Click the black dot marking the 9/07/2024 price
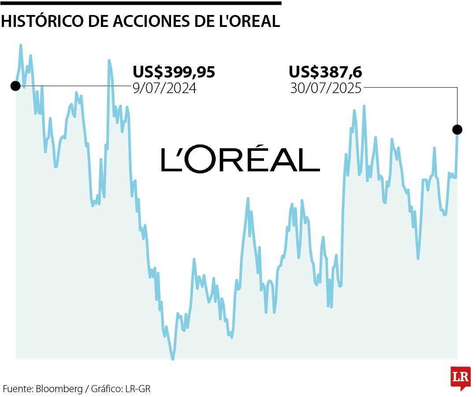15,86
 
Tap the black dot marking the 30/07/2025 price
457,129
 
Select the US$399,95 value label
174,72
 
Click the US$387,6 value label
325,72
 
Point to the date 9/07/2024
164,88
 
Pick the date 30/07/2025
325,88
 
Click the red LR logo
460,378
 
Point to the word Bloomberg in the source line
59,389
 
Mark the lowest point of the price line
173,359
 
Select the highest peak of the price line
21,45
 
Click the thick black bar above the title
141,3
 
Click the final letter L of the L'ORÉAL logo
309,160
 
